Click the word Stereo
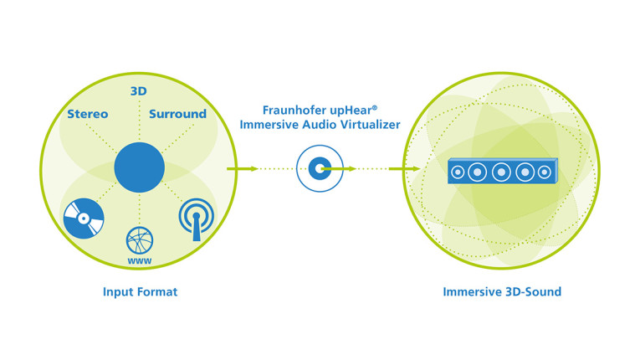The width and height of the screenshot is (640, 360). click(87, 114)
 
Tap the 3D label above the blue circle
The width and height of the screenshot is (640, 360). click(140, 91)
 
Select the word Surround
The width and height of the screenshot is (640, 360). click(177, 114)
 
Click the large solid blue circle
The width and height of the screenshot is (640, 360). click(140, 167)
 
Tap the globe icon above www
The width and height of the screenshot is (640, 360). click(139, 241)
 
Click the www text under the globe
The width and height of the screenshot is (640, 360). click(139, 260)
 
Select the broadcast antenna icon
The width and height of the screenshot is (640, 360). click(197, 218)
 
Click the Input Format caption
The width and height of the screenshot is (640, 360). click(139, 292)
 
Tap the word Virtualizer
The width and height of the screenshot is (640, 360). click(372, 126)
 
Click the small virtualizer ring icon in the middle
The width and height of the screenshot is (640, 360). click(319, 168)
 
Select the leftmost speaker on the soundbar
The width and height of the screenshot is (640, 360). click(458, 173)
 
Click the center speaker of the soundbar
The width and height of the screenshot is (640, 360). click(501, 172)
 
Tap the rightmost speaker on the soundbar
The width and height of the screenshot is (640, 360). click(545, 172)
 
